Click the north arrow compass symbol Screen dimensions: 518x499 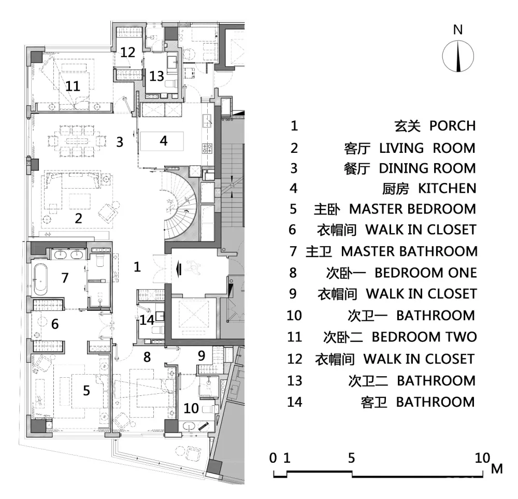(x=458, y=56)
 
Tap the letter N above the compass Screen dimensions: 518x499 (x=457, y=30)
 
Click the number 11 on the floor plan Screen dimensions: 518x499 (x=73, y=86)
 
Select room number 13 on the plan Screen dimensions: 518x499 (x=156, y=76)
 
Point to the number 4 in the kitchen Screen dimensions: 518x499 (x=164, y=141)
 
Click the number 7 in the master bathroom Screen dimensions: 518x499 (x=65, y=278)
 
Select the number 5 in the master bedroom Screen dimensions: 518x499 (x=86, y=391)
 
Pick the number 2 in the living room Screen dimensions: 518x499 (x=78, y=219)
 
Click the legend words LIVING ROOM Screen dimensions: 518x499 (x=427, y=148)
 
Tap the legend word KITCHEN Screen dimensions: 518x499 (x=448, y=189)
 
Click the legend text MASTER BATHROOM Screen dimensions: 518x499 (x=409, y=251)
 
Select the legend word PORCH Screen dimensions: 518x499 (x=453, y=126)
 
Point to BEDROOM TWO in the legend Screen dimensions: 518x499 (x=424, y=337)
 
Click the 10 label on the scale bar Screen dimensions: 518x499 (x=483, y=458)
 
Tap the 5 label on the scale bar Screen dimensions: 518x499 (x=351, y=458)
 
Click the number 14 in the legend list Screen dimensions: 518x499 (x=295, y=402)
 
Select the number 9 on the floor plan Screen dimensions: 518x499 (x=202, y=356)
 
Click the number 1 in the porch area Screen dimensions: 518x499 (x=137, y=267)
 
